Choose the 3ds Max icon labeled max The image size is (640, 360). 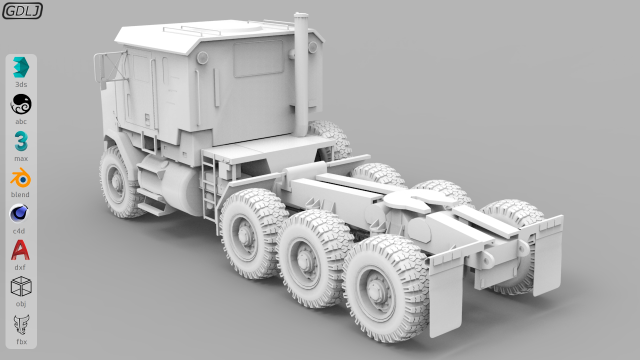[x=21, y=141]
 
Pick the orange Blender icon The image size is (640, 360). [x=21, y=177]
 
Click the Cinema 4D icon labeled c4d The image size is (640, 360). [x=20, y=213]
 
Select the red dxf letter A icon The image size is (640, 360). [x=20, y=250]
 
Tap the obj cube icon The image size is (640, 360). [x=21, y=286]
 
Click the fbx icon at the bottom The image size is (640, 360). [x=21, y=324]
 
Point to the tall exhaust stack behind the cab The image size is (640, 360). [x=301, y=75]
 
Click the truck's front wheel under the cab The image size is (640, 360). [x=122, y=181]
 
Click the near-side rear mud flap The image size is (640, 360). [x=446, y=296]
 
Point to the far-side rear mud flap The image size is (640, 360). [x=548, y=255]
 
